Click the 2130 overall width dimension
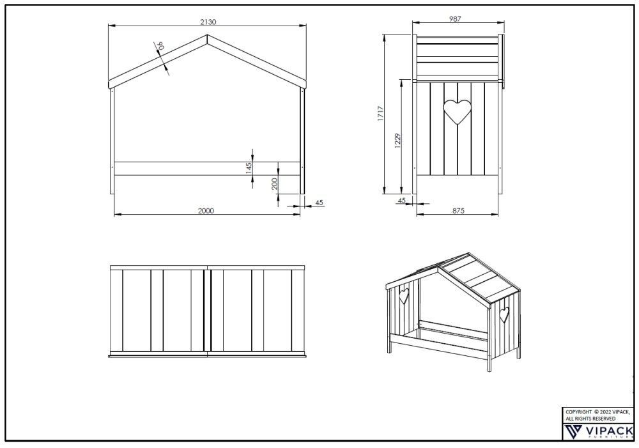point(208,22)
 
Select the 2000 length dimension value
point(206,210)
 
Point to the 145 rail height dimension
point(249,168)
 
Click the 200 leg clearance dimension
point(274,184)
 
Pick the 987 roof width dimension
point(454,19)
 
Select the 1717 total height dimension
point(380,114)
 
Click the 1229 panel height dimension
point(398,141)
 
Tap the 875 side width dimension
point(458,210)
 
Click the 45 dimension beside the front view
point(319,203)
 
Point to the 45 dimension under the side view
point(401,201)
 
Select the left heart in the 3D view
point(404,296)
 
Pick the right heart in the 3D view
point(505,314)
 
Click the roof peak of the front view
point(208,35)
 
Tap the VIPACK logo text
point(609,431)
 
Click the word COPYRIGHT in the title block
point(578,412)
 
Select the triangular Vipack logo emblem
point(574,431)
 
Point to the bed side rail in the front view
point(208,168)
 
